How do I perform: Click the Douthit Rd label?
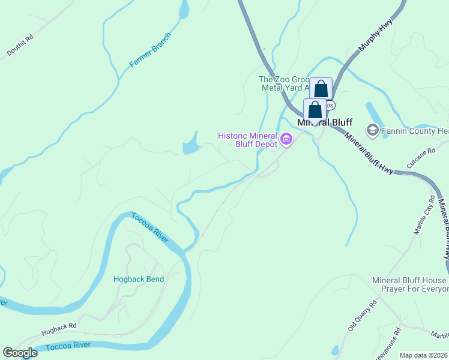coord(20,46)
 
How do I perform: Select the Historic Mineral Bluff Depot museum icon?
coord(286,140)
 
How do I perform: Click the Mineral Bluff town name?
coord(325,122)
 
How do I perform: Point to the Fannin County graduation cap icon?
coord(372,130)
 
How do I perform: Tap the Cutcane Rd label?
coord(420,158)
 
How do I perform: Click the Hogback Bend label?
coord(139,278)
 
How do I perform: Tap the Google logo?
coord(20,353)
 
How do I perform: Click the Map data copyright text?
coord(423,355)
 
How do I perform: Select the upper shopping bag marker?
coord(321,89)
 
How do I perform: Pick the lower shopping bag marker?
coord(315,110)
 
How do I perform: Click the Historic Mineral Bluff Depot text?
coord(247,140)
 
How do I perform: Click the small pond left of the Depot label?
coord(191,145)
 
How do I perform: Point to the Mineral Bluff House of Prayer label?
coord(409,284)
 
